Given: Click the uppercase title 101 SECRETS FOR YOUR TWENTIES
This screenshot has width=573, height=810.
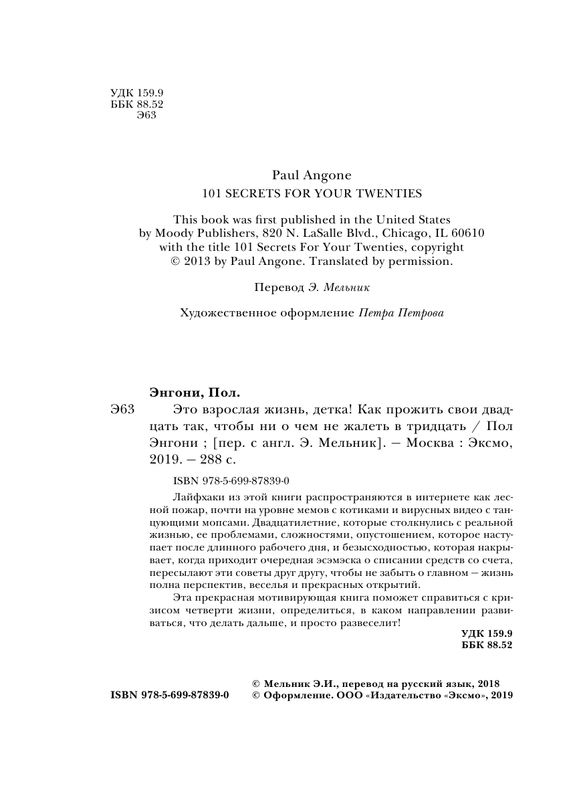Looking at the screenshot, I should (x=312, y=194).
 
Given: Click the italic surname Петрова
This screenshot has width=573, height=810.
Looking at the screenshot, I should (x=421, y=312).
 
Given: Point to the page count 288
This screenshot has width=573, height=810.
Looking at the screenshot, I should (x=207, y=460).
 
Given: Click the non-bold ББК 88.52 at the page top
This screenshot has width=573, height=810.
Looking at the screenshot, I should (x=136, y=105).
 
